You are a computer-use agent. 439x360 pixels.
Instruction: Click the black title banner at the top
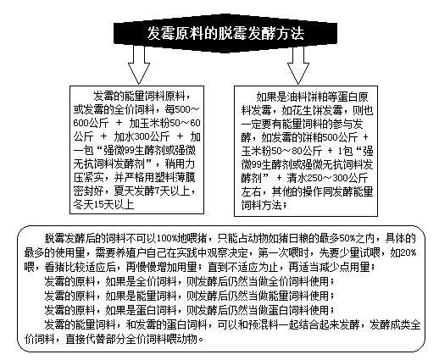[225, 33]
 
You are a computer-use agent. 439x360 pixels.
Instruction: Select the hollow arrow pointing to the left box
[139, 64]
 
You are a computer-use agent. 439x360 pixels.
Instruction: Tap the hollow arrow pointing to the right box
[298, 64]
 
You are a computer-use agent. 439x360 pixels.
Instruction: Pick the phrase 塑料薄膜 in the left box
[175, 177]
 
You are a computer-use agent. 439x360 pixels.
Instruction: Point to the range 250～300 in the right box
[327, 178]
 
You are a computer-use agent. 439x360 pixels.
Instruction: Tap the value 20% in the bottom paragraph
[408, 252]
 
